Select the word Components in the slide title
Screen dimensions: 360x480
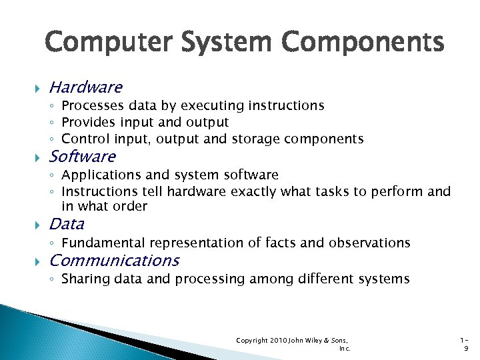coord(363,43)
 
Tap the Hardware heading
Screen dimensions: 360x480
coord(85,87)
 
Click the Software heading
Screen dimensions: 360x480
coord(82,157)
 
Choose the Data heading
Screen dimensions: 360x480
coord(67,224)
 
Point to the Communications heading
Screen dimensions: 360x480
coord(114,260)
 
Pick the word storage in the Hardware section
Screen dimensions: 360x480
coord(256,139)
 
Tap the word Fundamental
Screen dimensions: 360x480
coord(103,243)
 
